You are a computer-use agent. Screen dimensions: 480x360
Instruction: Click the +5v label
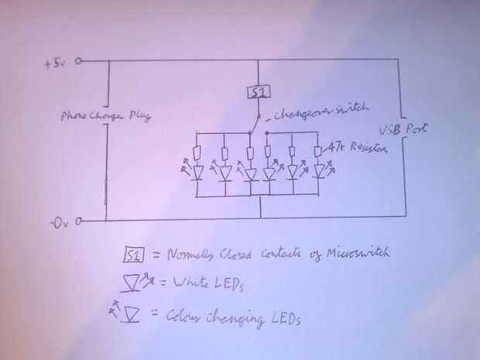coord(58,63)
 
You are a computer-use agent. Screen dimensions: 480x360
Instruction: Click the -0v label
coord(63,224)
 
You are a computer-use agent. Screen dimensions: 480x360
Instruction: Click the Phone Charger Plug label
coord(105,116)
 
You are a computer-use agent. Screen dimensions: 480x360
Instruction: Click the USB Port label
coord(402,130)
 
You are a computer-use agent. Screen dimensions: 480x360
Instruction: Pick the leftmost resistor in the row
coord(199,151)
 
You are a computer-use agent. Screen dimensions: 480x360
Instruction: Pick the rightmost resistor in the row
coord(318,150)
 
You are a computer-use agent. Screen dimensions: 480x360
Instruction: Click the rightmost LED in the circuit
coord(318,171)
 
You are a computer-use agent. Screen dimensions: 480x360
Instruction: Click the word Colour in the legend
coord(180,317)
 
